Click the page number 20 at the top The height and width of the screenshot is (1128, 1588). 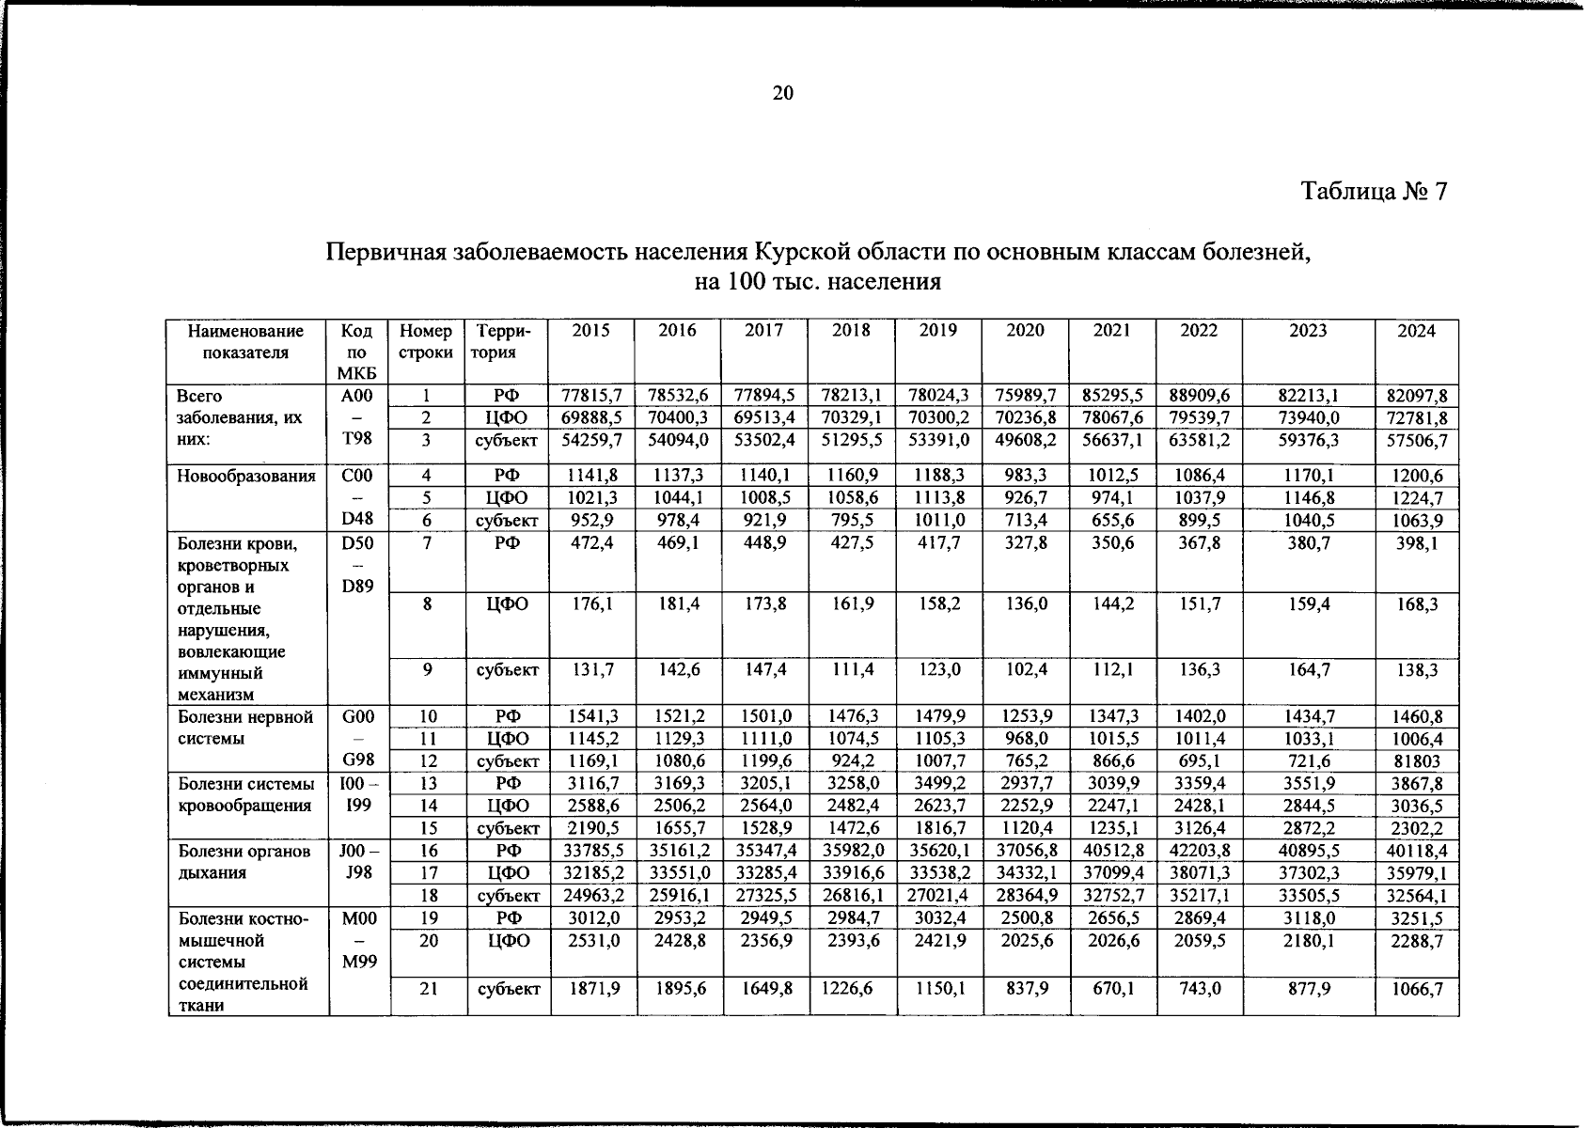tap(782, 93)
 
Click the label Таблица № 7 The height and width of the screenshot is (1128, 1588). tap(1374, 192)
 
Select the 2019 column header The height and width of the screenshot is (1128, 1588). tap(937, 331)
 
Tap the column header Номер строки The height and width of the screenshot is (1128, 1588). tap(426, 342)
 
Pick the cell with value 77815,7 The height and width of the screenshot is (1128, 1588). tap(591, 396)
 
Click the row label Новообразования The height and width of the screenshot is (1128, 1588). tap(246, 476)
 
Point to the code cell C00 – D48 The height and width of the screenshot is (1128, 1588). tap(357, 497)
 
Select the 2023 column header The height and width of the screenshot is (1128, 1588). tap(1307, 331)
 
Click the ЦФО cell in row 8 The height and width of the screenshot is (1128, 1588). tap(507, 604)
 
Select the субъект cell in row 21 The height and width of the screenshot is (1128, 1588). tap(507, 989)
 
